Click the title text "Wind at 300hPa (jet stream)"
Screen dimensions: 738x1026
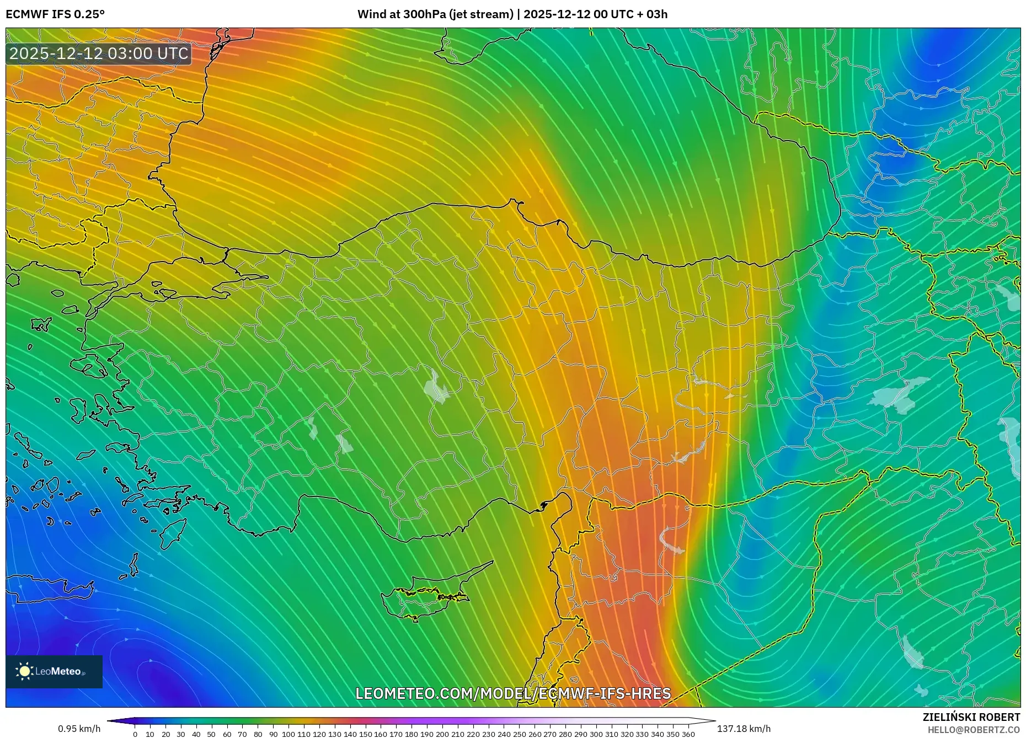[435, 14]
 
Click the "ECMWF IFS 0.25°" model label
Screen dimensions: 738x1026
[55, 14]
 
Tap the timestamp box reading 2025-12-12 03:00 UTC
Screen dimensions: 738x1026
[99, 54]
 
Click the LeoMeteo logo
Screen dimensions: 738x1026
[54, 671]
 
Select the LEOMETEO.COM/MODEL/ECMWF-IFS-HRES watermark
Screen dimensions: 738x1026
[513, 693]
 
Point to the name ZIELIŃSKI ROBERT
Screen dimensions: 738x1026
[971, 717]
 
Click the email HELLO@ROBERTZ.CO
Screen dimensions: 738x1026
[974, 730]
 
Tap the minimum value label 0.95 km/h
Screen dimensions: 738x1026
[79, 729]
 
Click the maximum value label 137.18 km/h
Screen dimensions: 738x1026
[744, 729]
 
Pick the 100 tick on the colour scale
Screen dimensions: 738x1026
[288, 734]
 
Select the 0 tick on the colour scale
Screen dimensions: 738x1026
[135, 734]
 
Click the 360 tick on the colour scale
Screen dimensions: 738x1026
[688, 734]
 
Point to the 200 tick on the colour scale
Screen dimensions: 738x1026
[442, 734]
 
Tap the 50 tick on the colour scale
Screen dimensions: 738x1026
[212, 734]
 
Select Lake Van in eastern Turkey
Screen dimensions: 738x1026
[899, 394]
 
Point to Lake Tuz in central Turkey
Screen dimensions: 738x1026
[436, 386]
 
